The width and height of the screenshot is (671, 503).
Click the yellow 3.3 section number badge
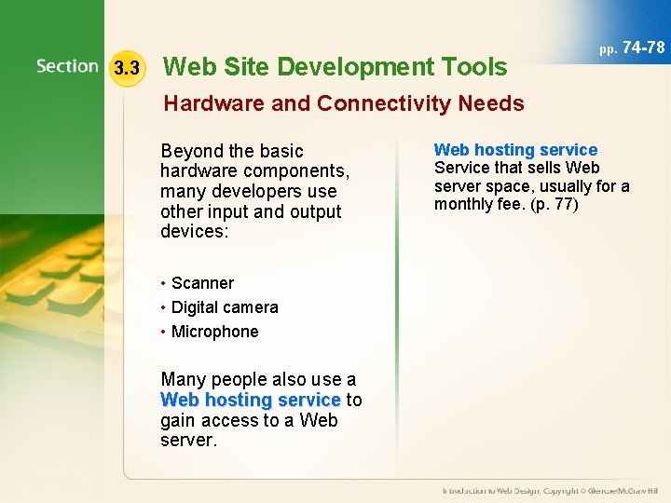coord(126,68)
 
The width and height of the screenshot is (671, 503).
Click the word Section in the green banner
coord(67,66)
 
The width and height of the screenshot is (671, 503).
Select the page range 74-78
coord(643,47)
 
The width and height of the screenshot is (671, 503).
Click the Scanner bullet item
coord(202,283)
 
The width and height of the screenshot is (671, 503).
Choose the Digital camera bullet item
coord(225,307)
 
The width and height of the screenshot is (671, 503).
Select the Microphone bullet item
coord(214,332)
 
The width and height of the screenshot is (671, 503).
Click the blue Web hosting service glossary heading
coord(515,150)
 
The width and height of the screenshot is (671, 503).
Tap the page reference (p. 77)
coord(555,204)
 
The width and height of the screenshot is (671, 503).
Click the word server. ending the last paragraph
coord(188,440)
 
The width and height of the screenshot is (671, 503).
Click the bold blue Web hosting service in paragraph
coord(250,400)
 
